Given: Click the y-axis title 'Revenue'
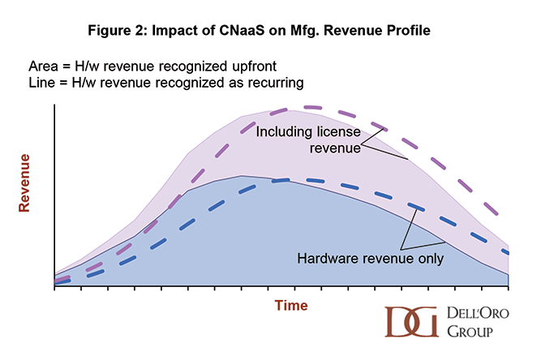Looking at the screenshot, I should pyautogui.click(x=25, y=182).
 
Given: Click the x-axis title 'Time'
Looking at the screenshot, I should pyautogui.click(x=290, y=306).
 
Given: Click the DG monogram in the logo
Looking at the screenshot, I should pyautogui.click(x=411, y=322).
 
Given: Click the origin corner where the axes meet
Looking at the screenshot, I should pyautogui.click(x=54, y=287).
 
